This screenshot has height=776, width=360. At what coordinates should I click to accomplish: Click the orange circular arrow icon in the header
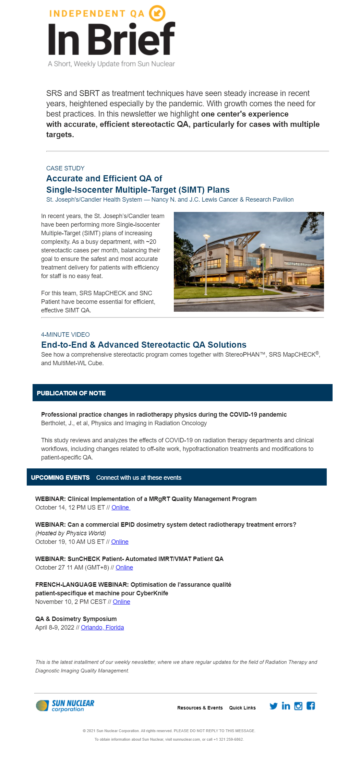(x=157, y=13)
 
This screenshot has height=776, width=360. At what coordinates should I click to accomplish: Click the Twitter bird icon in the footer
(x=273, y=706)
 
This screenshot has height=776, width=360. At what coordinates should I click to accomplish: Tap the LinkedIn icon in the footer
(x=286, y=706)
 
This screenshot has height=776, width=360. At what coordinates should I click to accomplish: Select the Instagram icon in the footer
(x=298, y=706)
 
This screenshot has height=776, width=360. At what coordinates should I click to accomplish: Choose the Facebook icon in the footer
(x=311, y=706)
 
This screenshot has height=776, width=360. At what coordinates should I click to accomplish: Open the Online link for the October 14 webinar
(x=120, y=508)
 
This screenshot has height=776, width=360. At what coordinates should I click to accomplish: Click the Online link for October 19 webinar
(x=120, y=542)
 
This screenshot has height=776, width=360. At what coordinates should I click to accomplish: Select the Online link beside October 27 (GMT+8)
(x=124, y=568)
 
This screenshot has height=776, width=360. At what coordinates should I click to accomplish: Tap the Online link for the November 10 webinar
(x=121, y=602)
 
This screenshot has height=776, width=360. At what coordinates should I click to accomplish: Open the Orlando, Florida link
(x=102, y=628)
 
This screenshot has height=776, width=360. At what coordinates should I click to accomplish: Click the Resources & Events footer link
(x=200, y=708)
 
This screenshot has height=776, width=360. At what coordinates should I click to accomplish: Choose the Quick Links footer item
(x=242, y=708)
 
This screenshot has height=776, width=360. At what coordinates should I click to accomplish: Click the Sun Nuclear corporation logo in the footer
(x=65, y=706)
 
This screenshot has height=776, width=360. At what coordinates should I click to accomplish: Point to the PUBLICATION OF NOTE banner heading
(x=71, y=393)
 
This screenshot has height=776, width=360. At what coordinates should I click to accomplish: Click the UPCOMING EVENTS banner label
(x=60, y=478)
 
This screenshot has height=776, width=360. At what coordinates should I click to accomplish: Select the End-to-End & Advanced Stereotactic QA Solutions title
(x=144, y=345)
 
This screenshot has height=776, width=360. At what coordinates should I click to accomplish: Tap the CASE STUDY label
(x=65, y=168)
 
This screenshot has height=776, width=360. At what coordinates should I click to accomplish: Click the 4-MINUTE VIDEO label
(x=65, y=335)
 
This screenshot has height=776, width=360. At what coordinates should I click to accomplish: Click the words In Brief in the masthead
(x=111, y=39)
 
